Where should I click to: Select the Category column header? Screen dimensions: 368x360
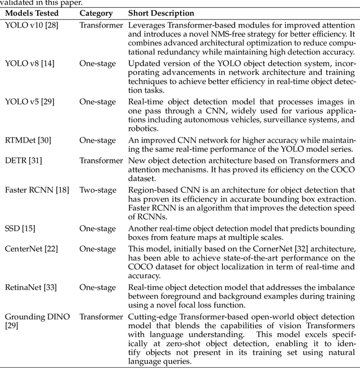(x=96, y=12)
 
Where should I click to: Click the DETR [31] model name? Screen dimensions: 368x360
(x=23, y=161)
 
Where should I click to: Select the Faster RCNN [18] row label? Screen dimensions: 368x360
(x=37, y=190)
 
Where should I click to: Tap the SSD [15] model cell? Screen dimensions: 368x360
(x=21, y=228)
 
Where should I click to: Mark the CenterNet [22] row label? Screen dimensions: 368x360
(x=31, y=248)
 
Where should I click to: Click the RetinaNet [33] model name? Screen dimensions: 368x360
(x=31, y=287)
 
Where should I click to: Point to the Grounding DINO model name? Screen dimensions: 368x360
(x=37, y=317)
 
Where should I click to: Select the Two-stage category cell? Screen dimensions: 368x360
(x=98, y=190)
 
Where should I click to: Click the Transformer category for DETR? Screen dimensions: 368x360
(x=101, y=161)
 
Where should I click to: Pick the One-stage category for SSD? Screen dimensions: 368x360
(x=98, y=228)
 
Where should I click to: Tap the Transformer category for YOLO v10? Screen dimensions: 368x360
(x=101, y=25)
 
